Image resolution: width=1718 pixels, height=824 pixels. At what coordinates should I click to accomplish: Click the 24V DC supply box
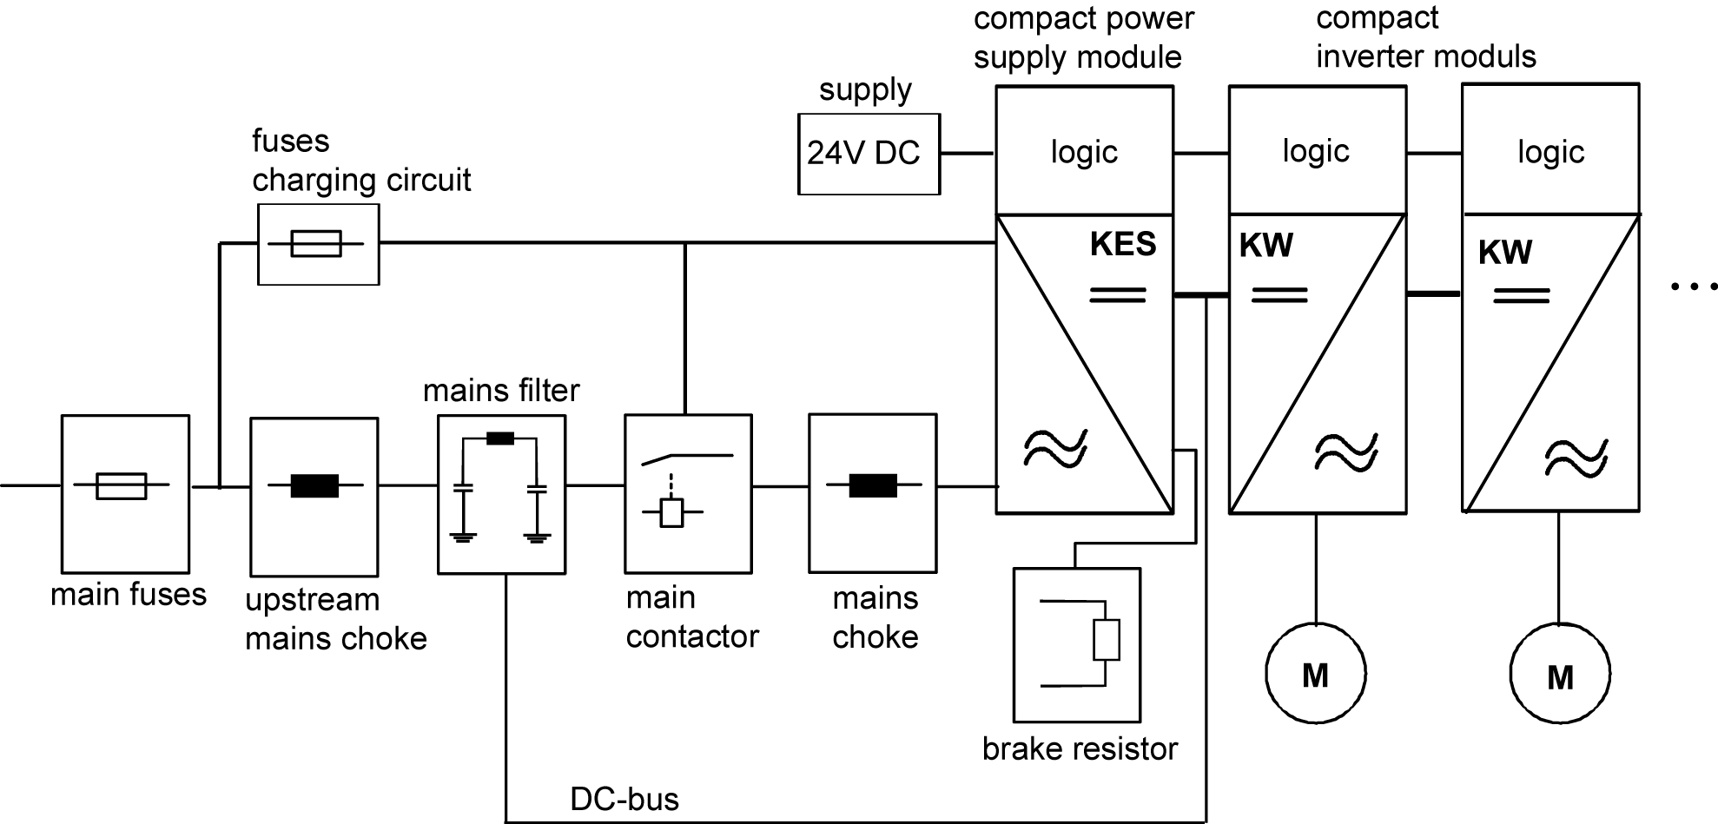(x=868, y=154)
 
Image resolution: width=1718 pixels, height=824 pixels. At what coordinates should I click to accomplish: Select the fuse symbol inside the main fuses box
(x=121, y=486)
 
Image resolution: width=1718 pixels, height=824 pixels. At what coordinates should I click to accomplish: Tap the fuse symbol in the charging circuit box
(x=316, y=244)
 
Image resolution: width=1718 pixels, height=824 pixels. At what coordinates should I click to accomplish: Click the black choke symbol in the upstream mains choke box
(x=314, y=485)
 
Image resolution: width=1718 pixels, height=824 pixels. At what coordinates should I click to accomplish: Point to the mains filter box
(x=501, y=494)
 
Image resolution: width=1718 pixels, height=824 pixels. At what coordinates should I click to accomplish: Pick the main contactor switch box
(x=688, y=493)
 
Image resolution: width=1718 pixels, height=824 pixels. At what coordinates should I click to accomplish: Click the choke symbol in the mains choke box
(x=873, y=486)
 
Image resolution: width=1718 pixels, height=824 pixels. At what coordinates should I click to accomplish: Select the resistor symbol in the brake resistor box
(x=1106, y=641)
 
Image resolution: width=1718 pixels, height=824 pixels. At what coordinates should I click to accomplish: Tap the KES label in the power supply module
(x=1123, y=245)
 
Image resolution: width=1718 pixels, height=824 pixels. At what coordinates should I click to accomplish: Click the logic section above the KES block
(x=1084, y=152)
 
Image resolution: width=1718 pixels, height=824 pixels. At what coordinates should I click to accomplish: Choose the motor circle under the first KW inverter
(x=1315, y=674)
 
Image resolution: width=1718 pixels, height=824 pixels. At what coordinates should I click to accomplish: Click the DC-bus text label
(x=624, y=799)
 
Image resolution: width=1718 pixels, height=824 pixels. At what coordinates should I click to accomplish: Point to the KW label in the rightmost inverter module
(x=1505, y=253)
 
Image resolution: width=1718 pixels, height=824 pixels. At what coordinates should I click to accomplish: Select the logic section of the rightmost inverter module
(x=1550, y=152)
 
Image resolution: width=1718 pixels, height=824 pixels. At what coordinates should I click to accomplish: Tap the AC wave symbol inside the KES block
(x=1055, y=448)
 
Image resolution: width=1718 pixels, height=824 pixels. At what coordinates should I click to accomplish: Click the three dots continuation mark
(x=1693, y=286)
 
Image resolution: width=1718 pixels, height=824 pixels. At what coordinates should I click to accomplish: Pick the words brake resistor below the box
(x=1080, y=748)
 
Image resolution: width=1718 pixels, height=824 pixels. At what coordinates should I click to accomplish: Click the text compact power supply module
(x=1082, y=38)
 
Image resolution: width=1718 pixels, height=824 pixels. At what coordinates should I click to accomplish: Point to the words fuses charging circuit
(x=360, y=161)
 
